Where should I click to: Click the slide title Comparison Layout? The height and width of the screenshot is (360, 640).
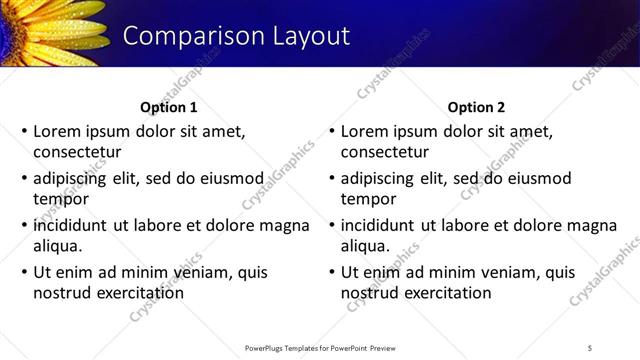(x=236, y=36)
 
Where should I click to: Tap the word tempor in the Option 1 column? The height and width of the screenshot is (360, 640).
(x=62, y=199)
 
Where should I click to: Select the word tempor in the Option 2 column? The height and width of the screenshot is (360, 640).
(x=369, y=199)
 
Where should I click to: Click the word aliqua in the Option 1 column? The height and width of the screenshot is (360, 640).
(x=58, y=246)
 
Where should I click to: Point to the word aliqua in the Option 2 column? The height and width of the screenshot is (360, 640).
(x=366, y=246)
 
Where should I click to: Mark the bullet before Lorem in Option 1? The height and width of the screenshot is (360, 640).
(x=23, y=131)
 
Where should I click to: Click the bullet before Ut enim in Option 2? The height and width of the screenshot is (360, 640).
(x=331, y=272)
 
